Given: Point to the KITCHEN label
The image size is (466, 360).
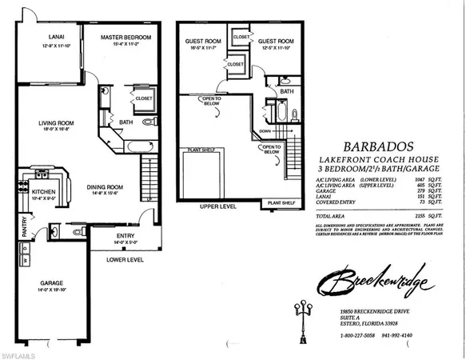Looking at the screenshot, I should tap(43, 192).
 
